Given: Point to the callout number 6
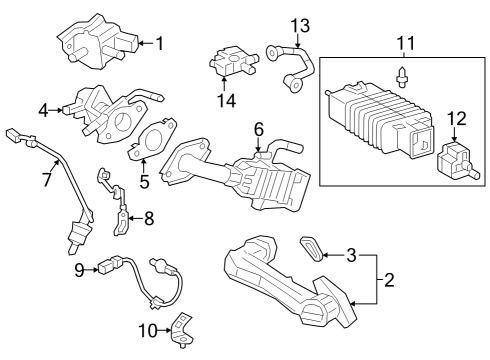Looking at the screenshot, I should click(258, 129).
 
